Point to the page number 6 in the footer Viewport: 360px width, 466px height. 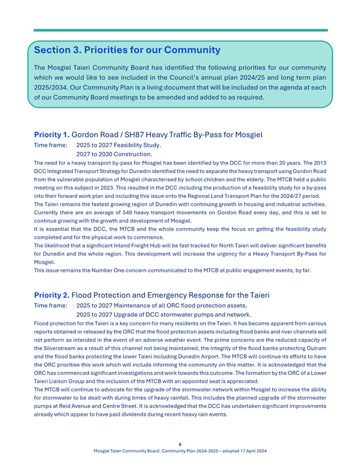point(180,444)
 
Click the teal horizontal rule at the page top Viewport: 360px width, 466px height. point(180,30)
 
